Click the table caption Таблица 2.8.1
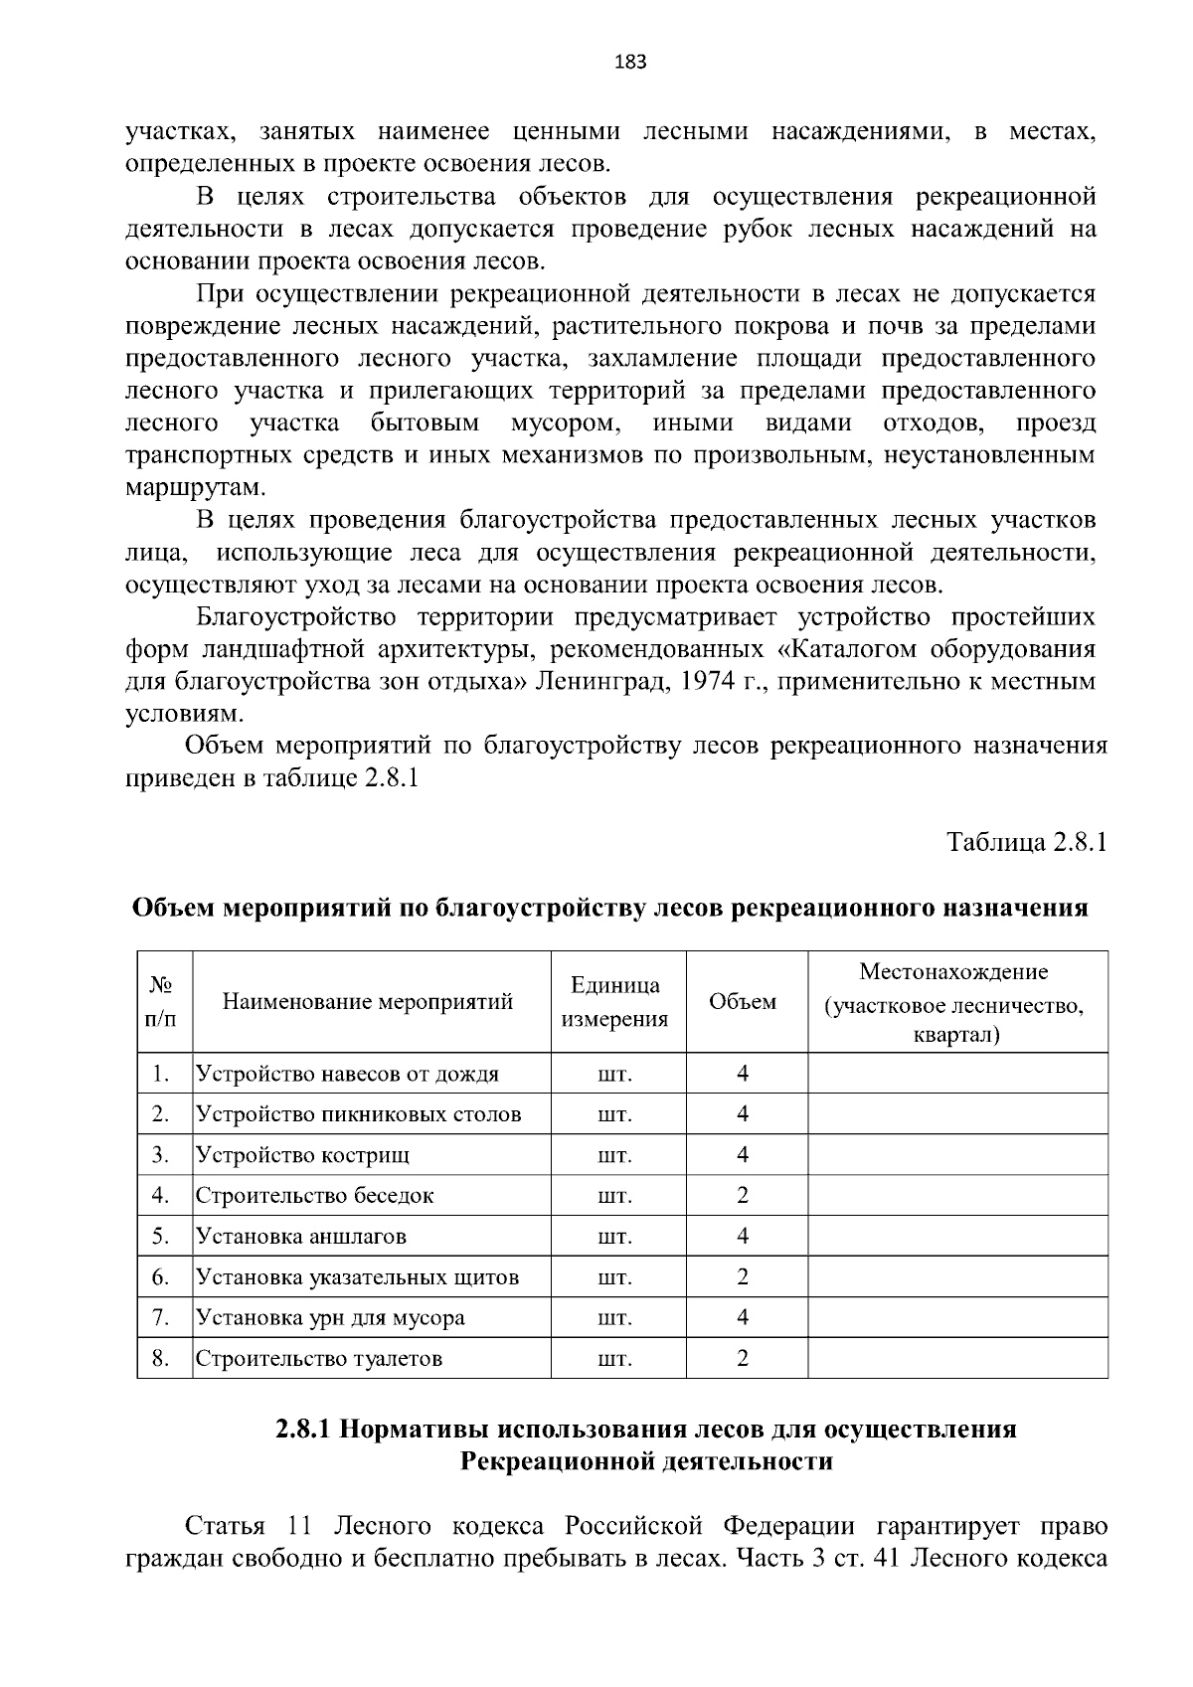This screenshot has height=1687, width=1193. coord(1027,843)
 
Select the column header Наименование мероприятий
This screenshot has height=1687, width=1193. coord(368,1002)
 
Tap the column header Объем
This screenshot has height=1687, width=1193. coord(743,1002)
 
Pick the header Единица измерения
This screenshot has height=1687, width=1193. coord(615,1002)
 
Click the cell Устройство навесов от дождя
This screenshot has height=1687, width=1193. coord(347,1074)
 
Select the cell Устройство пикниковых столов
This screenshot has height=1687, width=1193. coord(358,1114)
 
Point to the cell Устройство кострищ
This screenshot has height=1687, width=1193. coord(302,1155)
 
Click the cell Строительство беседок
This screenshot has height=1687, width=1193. coord(314,1196)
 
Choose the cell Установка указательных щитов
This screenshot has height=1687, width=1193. coord(357,1277)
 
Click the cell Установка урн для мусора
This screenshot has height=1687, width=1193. coord(330,1318)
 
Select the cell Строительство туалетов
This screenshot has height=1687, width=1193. coord(318,1359)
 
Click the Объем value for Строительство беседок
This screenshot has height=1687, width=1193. coord(743,1196)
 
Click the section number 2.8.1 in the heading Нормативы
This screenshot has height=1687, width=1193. coord(302,1431)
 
